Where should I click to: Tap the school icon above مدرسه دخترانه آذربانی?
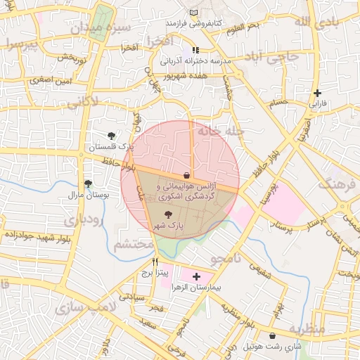[195, 50]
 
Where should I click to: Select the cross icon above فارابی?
[318, 93]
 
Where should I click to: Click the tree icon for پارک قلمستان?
[111, 135]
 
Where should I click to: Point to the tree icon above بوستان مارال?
[87, 183]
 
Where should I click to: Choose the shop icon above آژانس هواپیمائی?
[186, 175]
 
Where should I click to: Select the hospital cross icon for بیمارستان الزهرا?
[195, 277]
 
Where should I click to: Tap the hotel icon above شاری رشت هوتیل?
[272, 336]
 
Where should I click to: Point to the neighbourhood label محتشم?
[133, 244]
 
